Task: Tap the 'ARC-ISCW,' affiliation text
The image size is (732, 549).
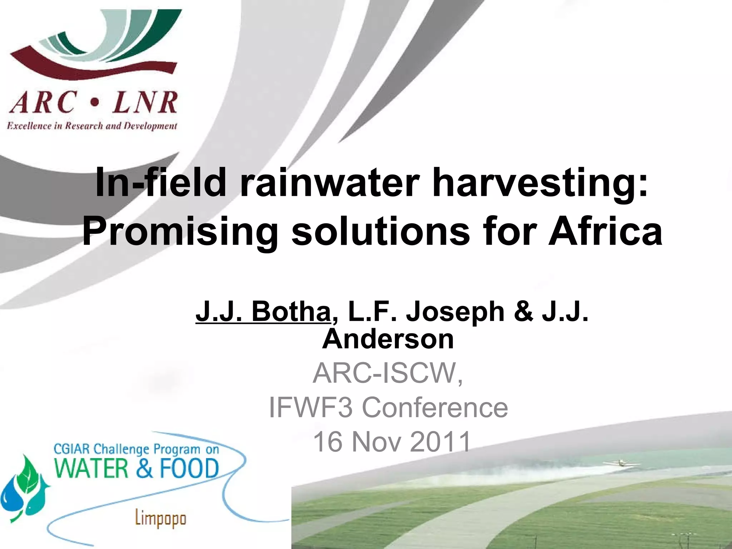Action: tap(388, 373)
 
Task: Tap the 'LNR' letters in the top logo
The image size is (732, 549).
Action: tap(144, 103)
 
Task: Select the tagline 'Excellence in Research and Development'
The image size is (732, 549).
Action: tap(92, 126)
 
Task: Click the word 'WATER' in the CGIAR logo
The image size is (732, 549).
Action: tap(91, 469)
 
